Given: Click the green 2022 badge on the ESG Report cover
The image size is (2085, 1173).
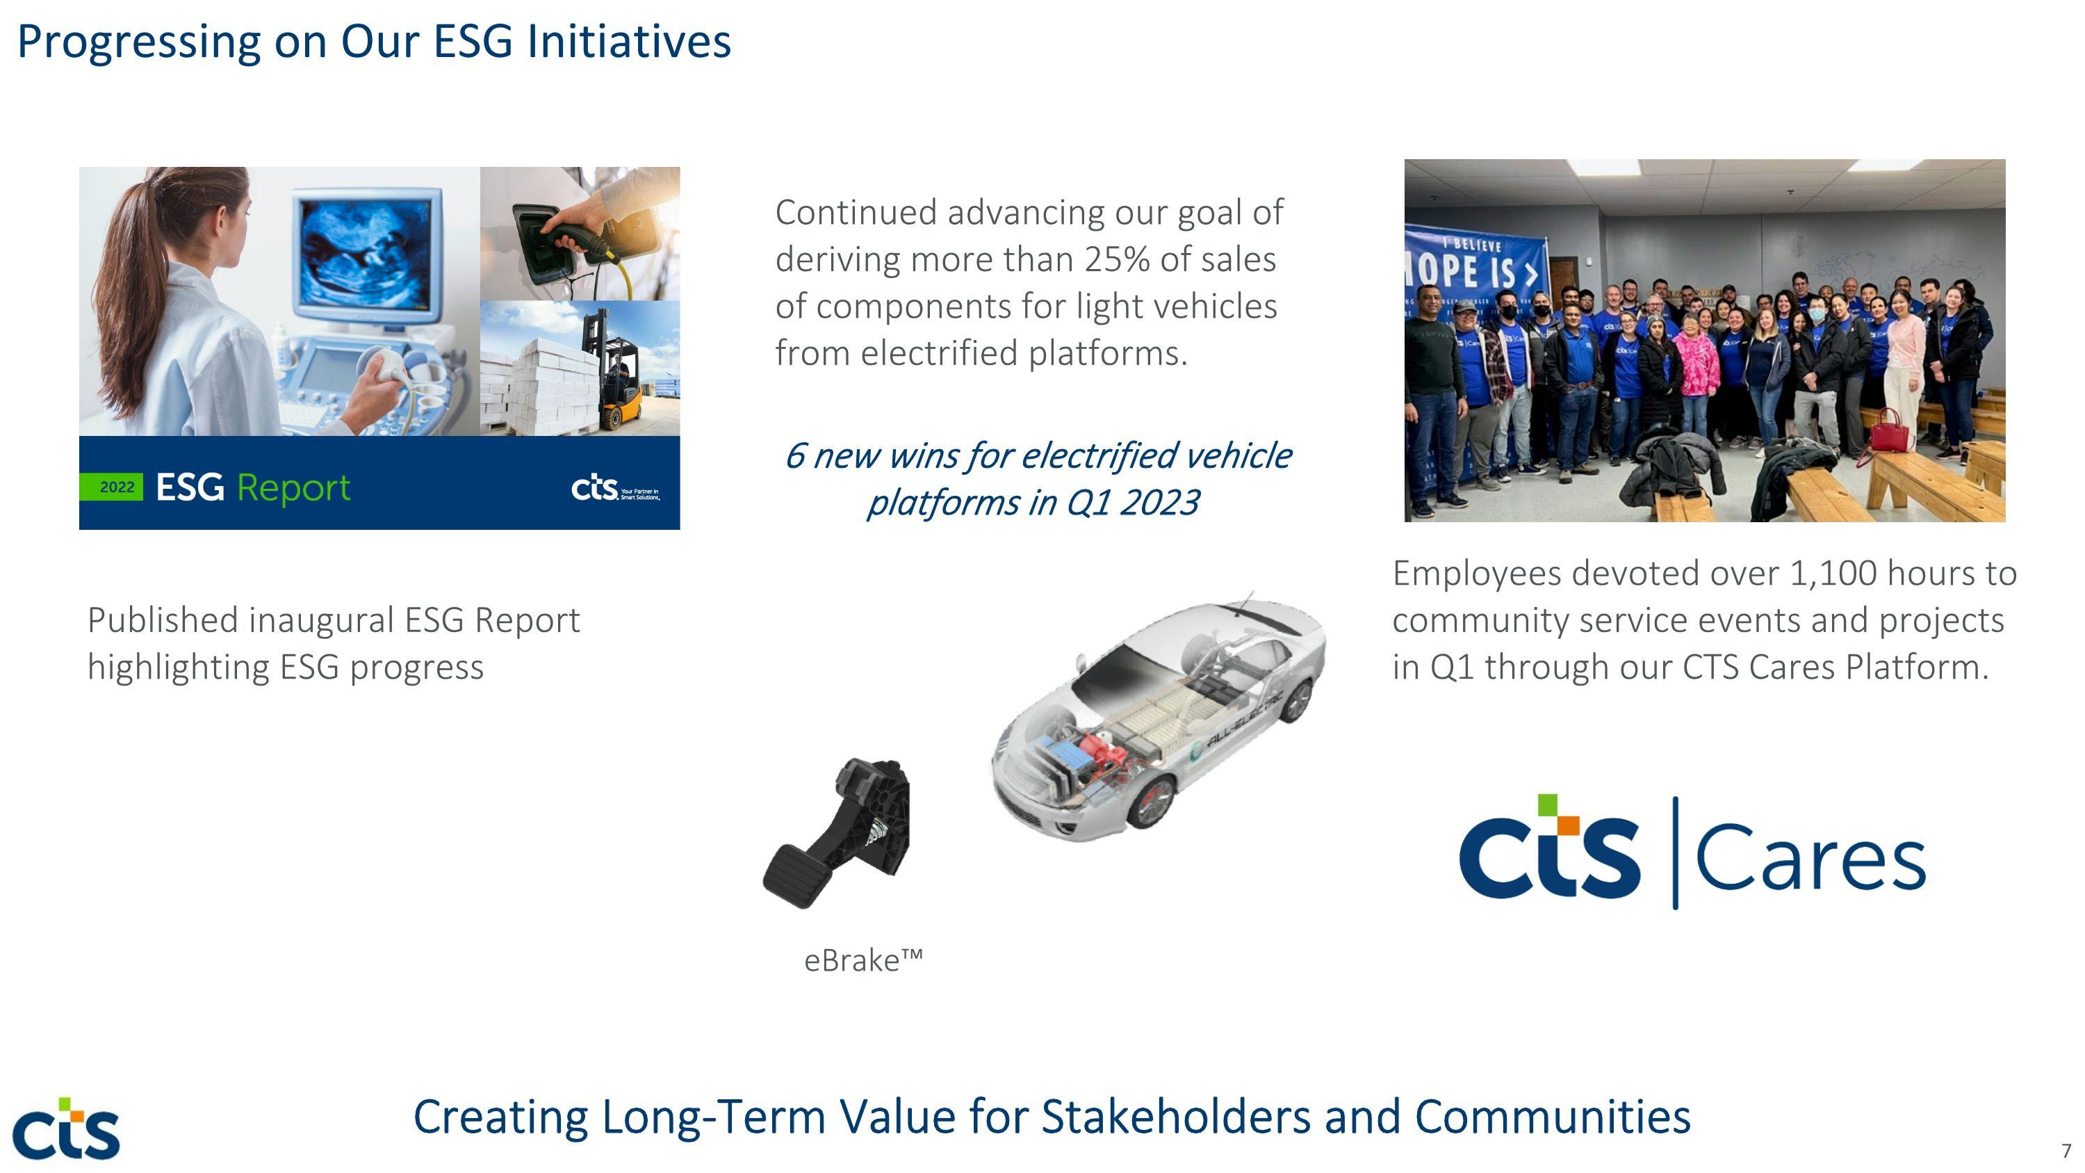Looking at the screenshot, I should [x=112, y=487].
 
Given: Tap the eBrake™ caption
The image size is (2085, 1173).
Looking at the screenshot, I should [x=862, y=961].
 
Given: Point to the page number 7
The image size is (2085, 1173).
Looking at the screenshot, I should [x=2066, y=1150].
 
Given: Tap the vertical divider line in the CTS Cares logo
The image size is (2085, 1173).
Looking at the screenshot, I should [x=1675, y=852].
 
